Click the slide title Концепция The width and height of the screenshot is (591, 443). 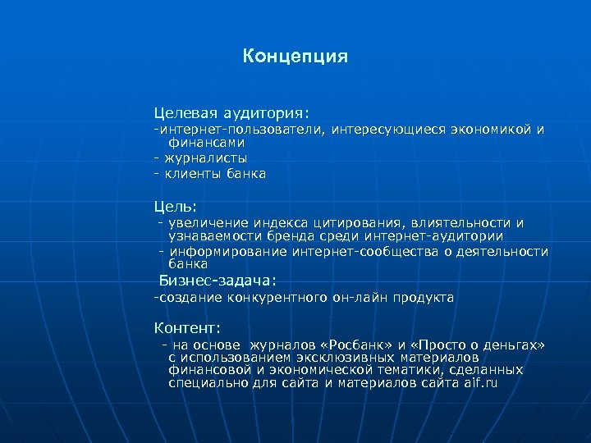coord(295,57)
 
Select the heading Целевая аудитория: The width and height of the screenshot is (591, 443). coord(231,111)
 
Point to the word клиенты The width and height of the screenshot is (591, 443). coord(190,174)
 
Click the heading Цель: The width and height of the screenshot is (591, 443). coord(176,206)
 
